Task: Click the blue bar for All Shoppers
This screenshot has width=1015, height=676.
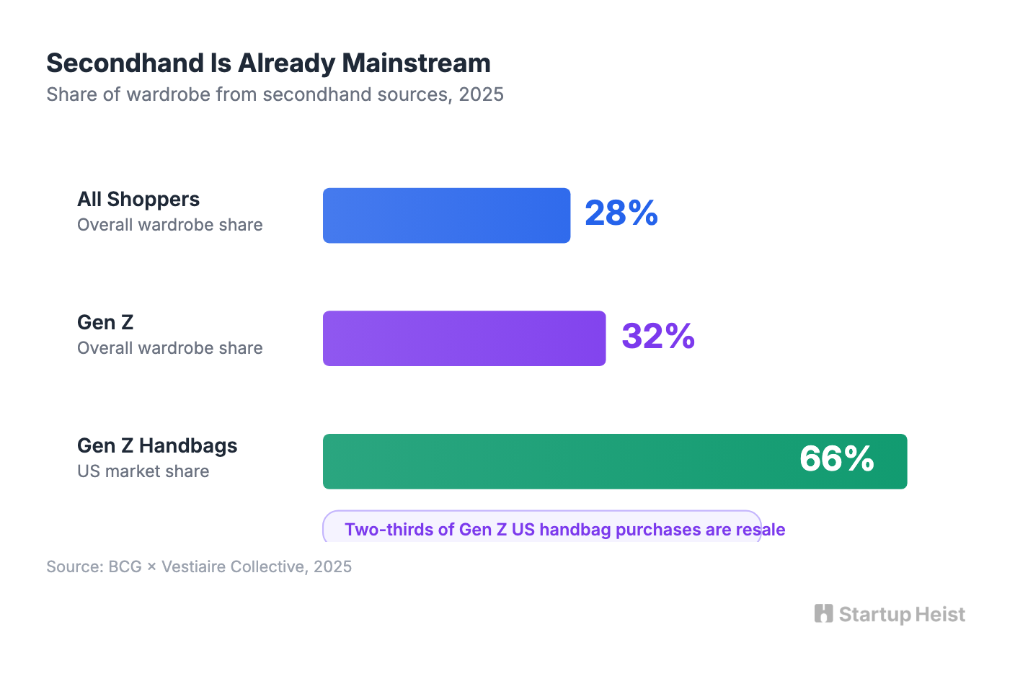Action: (446, 215)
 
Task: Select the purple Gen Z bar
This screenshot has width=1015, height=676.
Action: (464, 339)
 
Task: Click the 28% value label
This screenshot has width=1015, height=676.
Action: (621, 213)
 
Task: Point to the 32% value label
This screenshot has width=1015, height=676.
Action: (657, 337)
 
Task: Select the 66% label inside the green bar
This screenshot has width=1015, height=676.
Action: (836, 459)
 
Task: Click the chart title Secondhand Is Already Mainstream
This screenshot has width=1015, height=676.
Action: (268, 63)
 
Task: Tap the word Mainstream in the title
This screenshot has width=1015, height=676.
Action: (416, 63)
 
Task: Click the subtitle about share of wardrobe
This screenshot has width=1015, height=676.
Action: (275, 95)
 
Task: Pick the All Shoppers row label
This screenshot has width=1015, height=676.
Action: (138, 200)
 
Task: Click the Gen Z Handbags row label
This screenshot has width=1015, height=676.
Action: (157, 446)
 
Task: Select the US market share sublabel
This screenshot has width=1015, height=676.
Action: (143, 471)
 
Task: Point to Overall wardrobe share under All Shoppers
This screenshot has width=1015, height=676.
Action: (169, 225)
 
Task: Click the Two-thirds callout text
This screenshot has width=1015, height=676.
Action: (564, 530)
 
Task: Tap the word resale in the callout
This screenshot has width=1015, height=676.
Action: (761, 530)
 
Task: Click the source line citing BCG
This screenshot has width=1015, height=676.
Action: (199, 566)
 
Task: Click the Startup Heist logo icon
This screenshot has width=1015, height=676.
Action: (823, 613)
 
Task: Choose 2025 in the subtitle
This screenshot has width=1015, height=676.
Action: (481, 95)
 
